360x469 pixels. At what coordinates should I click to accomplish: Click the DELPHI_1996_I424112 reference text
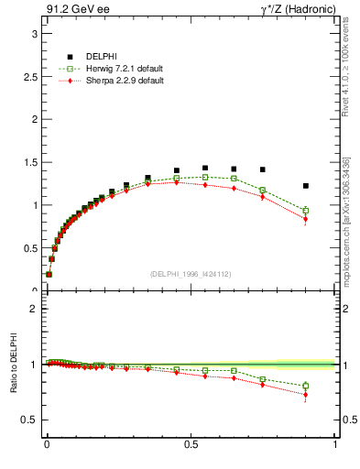191,274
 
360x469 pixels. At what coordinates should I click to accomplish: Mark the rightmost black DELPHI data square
306,186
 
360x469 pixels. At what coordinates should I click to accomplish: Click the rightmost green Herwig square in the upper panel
306,211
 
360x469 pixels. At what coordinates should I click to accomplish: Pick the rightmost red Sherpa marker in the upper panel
306,219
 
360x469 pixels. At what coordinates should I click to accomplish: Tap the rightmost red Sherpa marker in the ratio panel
306,395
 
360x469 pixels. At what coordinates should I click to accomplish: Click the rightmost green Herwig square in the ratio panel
306,386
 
